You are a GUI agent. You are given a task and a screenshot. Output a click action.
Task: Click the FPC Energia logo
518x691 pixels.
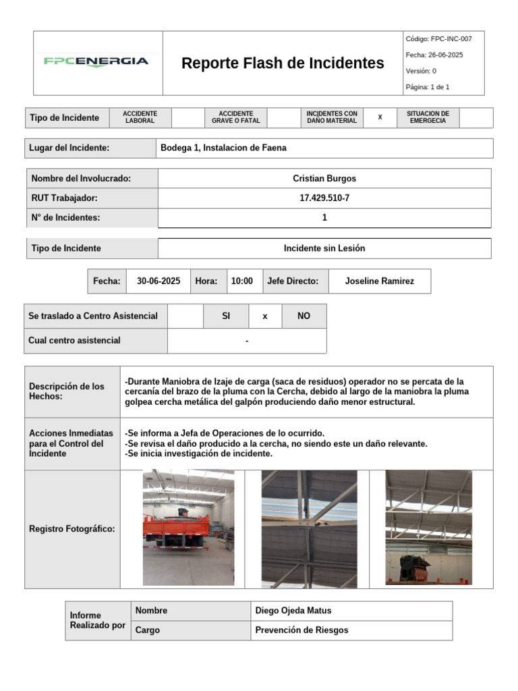96,61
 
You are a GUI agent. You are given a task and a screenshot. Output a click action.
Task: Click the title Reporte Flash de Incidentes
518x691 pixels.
283,63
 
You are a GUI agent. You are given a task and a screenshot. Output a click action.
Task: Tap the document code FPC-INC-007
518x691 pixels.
439,39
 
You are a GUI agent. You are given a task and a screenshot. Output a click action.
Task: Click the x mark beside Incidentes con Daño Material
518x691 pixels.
380,117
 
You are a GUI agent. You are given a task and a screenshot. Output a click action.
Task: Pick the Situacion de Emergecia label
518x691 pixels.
428,117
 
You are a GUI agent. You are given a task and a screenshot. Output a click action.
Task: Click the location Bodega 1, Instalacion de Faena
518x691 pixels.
223,148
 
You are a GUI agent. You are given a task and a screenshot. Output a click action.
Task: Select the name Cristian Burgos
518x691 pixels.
324,179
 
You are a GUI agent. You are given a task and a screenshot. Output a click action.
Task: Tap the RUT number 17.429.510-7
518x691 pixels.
324,198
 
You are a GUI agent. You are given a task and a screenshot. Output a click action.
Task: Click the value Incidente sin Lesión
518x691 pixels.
324,248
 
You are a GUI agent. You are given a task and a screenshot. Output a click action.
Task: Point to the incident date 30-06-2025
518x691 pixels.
159,281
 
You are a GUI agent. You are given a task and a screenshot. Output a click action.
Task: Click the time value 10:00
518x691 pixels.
242,281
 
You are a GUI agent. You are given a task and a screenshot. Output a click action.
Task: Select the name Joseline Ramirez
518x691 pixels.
380,281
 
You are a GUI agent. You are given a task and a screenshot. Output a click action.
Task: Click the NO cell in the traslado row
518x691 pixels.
304,316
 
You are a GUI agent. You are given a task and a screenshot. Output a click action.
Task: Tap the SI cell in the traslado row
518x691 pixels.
226,316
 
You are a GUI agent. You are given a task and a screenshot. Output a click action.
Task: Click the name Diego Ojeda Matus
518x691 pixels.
293,611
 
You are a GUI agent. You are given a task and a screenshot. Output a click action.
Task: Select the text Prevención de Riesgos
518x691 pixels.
302,630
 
